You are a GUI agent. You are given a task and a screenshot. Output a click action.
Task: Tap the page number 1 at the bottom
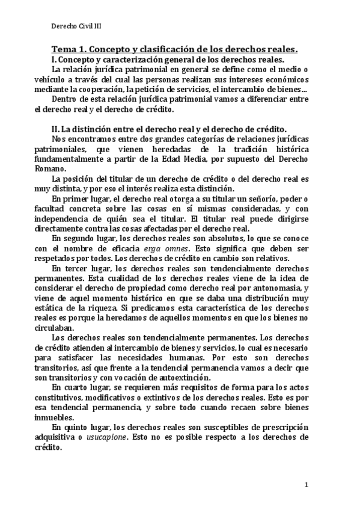pyautogui.click(x=306, y=484)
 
